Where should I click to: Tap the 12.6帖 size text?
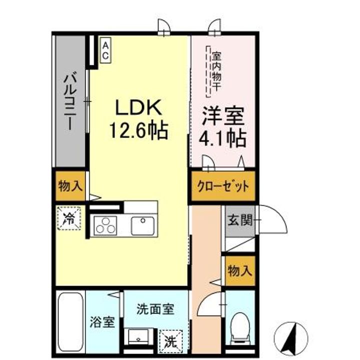click(138, 131)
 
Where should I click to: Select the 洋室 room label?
click(222, 116)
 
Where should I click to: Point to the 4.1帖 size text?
click(222, 137)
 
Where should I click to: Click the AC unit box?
click(105, 50)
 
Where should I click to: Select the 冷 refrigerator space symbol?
click(68, 218)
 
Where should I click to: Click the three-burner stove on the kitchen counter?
click(105, 225)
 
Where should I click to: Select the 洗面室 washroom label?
click(155, 309)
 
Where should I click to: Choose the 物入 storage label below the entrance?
click(239, 270)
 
